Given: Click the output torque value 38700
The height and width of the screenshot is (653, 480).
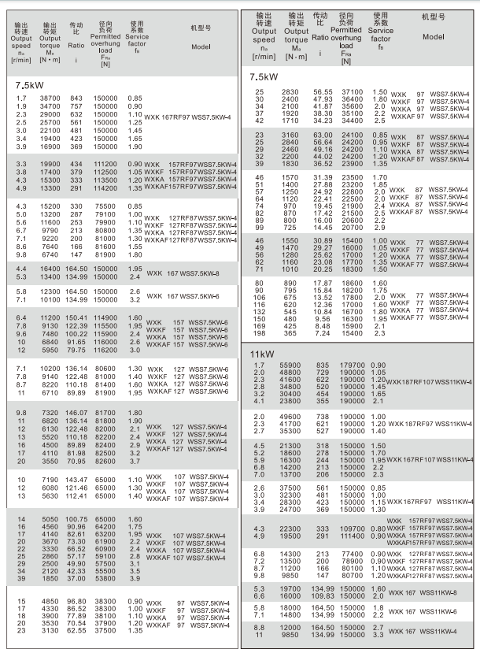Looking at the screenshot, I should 50,98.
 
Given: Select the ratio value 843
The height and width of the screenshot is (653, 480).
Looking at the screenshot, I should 76,98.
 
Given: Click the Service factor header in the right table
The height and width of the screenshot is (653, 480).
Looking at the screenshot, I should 380,31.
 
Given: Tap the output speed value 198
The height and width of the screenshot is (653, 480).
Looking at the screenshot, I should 258,334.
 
